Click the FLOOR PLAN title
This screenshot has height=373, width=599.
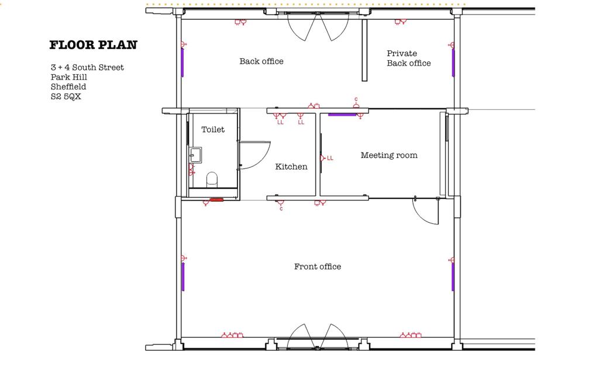click(x=93, y=45)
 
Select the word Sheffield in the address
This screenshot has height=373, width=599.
click(x=68, y=87)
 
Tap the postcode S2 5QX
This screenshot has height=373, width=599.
click(x=66, y=97)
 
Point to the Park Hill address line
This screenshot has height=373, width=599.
click(x=68, y=77)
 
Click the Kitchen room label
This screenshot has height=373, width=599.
click(x=291, y=167)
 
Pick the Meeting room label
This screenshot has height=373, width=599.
click(x=389, y=156)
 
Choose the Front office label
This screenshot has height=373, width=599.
click(x=318, y=267)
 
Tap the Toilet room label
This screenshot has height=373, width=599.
click(x=213, y=129)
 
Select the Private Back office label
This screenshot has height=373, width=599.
click(x=408, y=58)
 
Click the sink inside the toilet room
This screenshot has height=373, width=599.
click(x=195, y=154)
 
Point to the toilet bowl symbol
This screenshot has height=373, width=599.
click(x=212, y=178)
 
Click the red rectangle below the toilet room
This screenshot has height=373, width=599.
click(x=216, y=200)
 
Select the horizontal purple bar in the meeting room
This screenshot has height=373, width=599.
click(x=342, y=115)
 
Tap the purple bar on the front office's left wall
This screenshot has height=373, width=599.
click(x=183, y=277)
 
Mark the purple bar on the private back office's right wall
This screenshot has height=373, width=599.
click(x=453, y=63)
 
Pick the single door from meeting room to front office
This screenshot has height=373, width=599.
click(x=426, y=212)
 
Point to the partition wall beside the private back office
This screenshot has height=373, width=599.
click(x=364, y=51)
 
